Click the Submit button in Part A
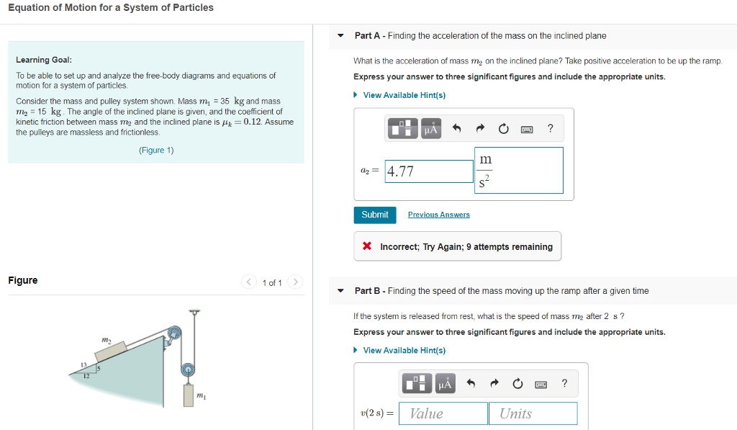[x=374, y=215]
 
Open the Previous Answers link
[x=438, y=215]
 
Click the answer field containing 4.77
[x=429, y=171]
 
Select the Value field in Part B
[x=443, y=413]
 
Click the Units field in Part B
[x=533, y=413]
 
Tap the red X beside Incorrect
[x=367, y=246]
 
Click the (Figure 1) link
[x=156, y=151]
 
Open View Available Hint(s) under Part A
[x=404, y=95]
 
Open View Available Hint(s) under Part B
[x=404, y=350]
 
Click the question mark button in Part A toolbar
[x=551, y=129]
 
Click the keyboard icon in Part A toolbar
[x=527, y=129]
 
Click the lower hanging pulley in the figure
[x=188, y=369]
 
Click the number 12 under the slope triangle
[x=86, y=376]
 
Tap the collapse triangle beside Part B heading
[x=341, y=291]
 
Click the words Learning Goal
[x=43, y=60]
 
